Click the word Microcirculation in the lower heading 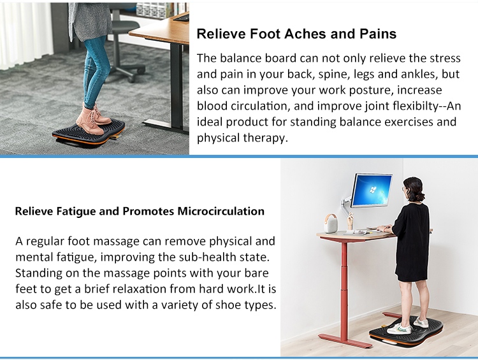click(x=221, y=211)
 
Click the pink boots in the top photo click(x=94, y=119)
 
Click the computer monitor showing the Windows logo click(x=371, y=191)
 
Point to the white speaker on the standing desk click(x=331, y=223)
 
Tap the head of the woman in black click(x=414, y=189)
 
